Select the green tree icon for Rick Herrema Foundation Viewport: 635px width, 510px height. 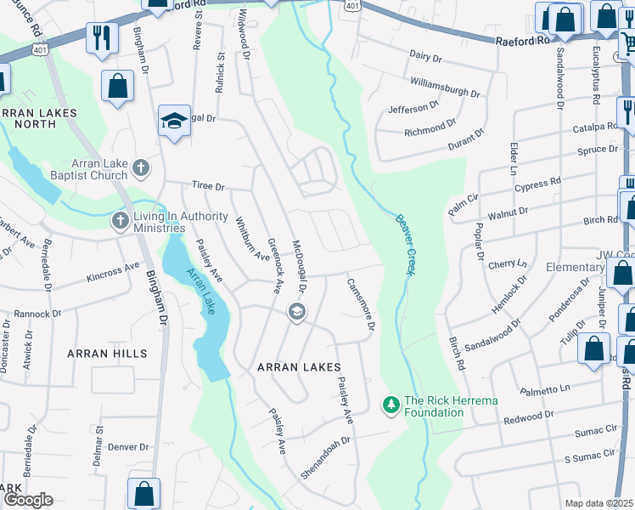click(391, 406)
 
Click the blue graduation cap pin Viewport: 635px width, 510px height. click(173, 121)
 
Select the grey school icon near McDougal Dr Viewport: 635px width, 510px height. click(297, 311)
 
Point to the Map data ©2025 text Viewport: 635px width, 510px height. click(599, 503)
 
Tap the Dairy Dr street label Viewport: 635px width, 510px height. click(426, 57)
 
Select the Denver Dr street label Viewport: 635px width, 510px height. click(129, 446)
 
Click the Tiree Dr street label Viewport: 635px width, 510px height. click(207, 186)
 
